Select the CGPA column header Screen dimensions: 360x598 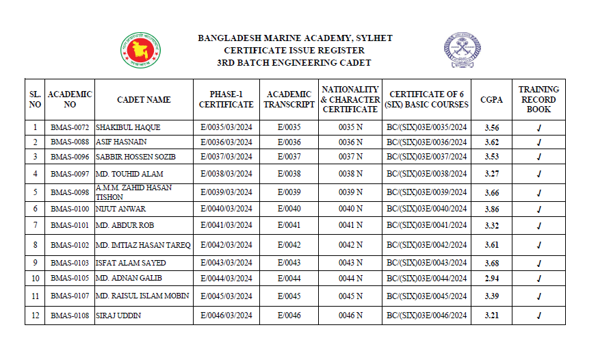point(491,100)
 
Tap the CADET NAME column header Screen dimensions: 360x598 point(144,100)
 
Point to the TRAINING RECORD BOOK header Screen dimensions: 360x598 point(538,100)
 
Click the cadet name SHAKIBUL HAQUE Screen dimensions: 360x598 point(122,128)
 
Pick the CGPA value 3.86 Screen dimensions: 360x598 point(491,209)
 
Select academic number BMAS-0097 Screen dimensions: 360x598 point(70,174)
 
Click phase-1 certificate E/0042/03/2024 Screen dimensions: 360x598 point(226,245)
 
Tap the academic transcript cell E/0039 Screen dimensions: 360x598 point(289,192)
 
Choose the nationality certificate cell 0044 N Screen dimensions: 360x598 point(350,279)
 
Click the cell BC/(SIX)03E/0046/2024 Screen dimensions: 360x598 point(426,316)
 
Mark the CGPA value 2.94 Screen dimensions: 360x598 point(491,279)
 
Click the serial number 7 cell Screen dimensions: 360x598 point(35,225)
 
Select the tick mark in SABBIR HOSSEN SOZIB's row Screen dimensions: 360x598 point(538,157)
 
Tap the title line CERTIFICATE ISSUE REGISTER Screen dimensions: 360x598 point(294,50)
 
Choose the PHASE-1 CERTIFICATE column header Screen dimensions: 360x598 point(226,100)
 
